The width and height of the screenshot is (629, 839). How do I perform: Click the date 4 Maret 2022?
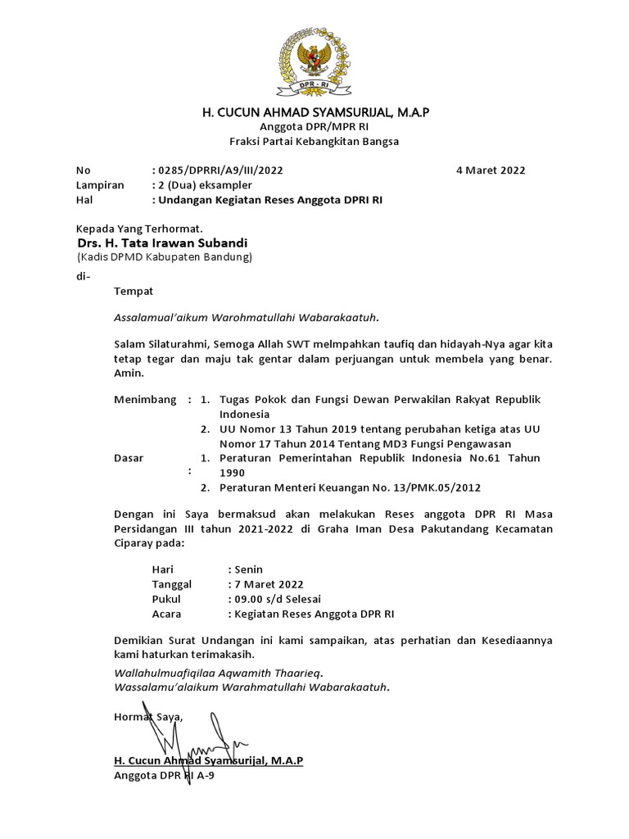[491, 170]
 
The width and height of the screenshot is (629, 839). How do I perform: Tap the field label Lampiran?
[100, 185]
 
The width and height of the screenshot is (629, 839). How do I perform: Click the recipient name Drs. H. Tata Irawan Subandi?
[161, 243]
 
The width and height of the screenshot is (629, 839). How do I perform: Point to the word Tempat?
[133, 291]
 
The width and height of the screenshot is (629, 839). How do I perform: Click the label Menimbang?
[145, 400]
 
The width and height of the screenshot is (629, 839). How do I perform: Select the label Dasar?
[129, 458]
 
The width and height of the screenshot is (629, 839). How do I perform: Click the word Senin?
[249, 569]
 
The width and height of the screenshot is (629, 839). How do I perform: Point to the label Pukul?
[167, 599]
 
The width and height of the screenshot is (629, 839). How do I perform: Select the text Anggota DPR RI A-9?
[163, 775]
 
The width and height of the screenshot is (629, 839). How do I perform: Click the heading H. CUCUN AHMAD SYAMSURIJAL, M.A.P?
[314, 111]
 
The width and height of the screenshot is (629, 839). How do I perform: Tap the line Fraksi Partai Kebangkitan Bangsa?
[314, 141]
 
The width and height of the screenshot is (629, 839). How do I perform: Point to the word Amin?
[127, 373]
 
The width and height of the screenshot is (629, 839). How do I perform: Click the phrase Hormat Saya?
[148, 717]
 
